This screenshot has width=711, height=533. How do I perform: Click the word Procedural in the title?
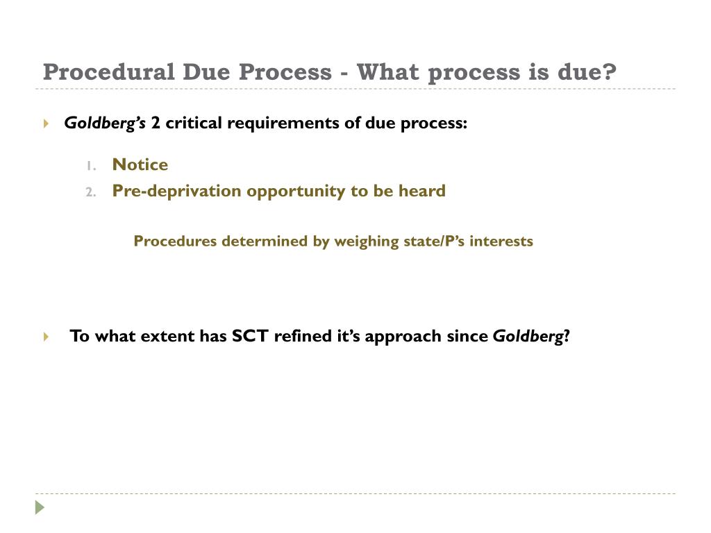tap(106, 71)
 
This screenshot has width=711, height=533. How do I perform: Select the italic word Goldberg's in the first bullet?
tap(105, 124)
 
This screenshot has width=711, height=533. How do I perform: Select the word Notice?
tap(140, 164)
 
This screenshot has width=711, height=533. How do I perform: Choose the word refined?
tap(300, 337)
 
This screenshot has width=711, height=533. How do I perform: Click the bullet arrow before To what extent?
tap(46, 337)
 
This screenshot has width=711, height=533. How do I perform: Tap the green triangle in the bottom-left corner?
tap(40, 507)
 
